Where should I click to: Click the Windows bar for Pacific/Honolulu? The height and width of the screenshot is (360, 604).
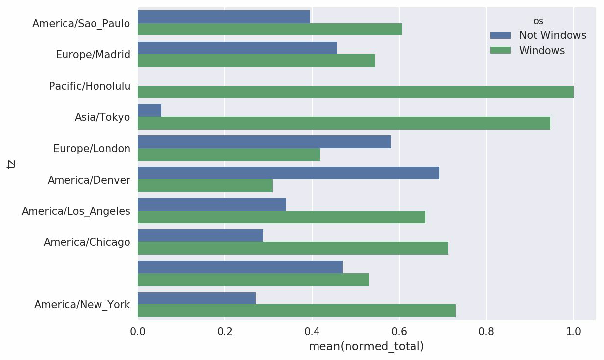355,92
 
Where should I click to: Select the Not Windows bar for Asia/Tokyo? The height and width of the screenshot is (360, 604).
150,110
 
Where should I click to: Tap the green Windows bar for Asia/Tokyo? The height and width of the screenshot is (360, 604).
344,123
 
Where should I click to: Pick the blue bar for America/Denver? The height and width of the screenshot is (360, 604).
288,173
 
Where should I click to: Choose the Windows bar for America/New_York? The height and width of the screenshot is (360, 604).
296,311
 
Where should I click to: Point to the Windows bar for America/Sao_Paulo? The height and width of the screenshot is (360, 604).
270,29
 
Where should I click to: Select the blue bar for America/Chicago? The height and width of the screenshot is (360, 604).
200,235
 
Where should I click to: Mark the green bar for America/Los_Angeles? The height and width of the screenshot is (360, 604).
281,217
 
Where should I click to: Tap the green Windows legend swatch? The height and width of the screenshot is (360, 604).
501,51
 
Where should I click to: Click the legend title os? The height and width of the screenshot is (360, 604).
538,21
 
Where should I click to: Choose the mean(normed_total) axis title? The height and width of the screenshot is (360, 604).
366,347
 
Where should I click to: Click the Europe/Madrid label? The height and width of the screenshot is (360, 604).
93,55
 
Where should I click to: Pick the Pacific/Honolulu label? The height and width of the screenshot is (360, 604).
90,86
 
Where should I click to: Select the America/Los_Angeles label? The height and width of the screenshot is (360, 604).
76,211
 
